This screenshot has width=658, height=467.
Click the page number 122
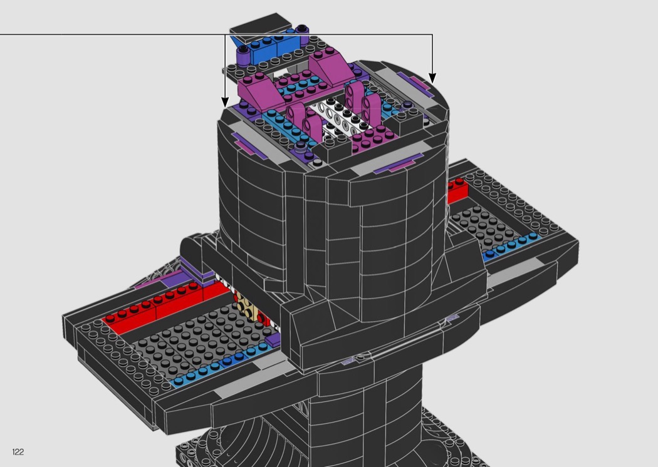[18, 451]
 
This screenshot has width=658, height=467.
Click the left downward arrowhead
[225, 101]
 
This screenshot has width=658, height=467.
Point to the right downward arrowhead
[432, 78]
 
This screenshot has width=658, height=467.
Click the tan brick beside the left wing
[248, 307]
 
